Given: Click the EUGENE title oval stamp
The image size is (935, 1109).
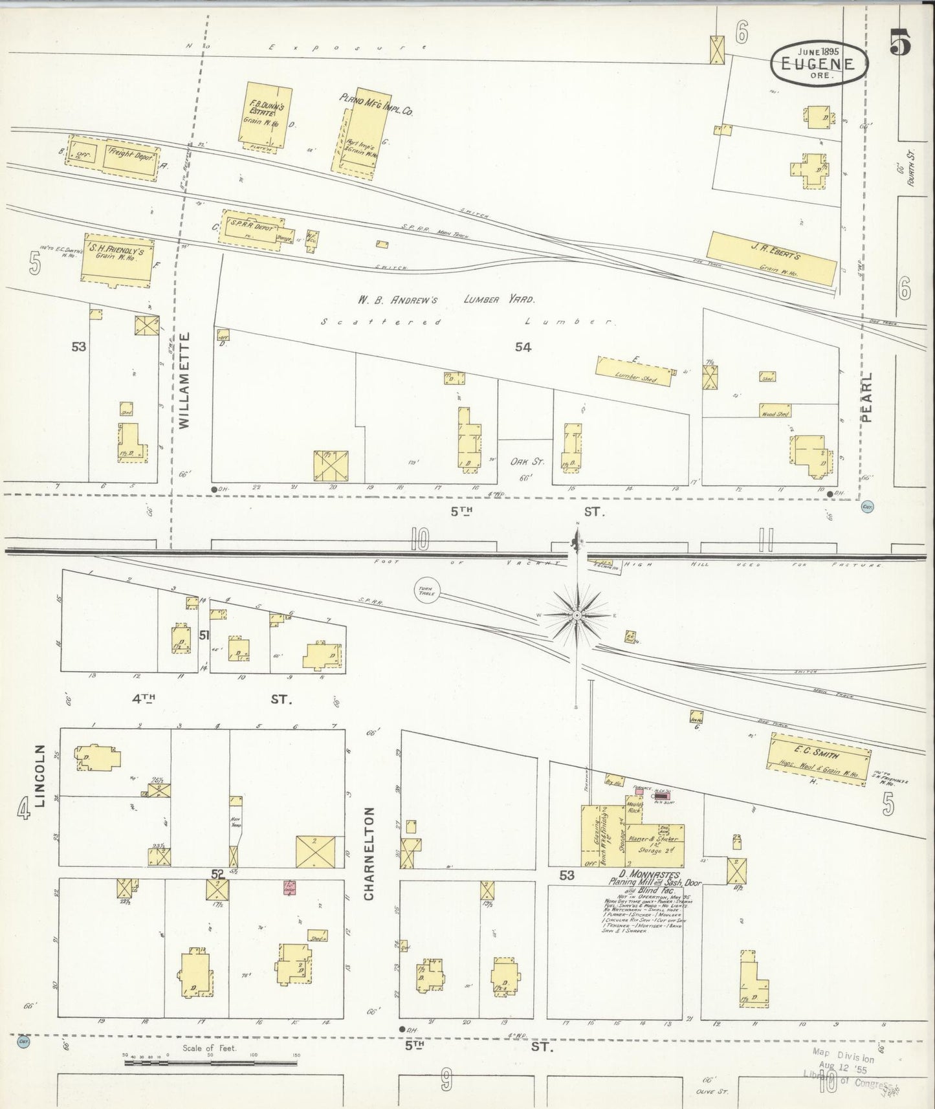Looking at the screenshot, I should [819, 63].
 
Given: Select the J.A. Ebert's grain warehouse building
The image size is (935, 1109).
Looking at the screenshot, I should [770, 259].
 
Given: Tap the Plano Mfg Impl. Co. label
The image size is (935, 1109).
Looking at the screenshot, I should [376, 104].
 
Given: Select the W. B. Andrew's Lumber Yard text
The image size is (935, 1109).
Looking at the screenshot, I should [446, 300].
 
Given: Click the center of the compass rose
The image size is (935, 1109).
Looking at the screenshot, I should [577, 615].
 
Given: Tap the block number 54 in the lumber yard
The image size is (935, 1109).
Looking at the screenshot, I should [523, 347].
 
